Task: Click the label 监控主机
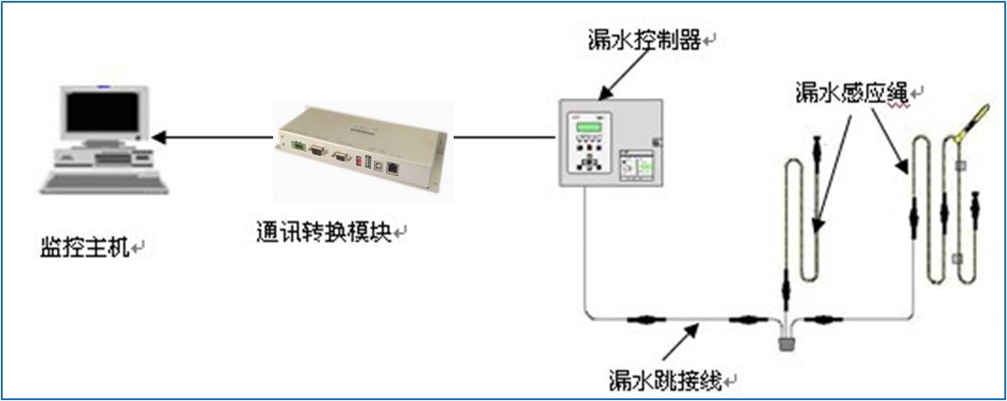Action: [x=85, y=245]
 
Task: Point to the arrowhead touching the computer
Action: [x=158, y=137]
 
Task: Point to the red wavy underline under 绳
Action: [x=894, y=103]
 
